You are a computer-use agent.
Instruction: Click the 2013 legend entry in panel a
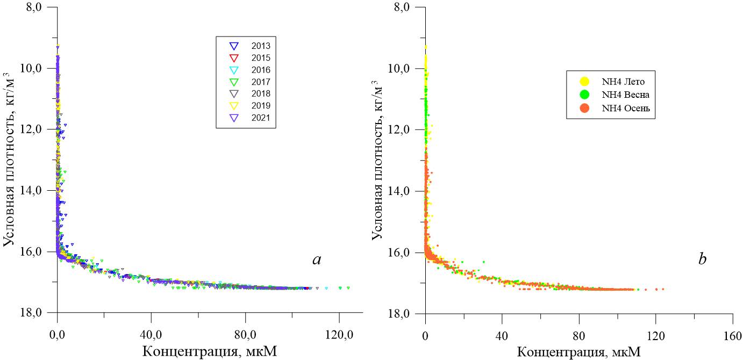point(247,46)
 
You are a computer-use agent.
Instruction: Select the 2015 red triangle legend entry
point(247,57)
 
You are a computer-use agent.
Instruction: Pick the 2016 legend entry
point(247,70)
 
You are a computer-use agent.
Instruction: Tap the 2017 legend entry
point(247,82)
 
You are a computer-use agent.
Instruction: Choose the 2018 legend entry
point(247,93)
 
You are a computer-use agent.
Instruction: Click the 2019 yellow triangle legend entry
point(247,105)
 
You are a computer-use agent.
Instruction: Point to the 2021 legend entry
point(247,117)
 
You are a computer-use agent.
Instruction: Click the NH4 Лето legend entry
point(610,82)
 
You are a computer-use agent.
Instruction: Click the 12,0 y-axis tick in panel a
point(33,129)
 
